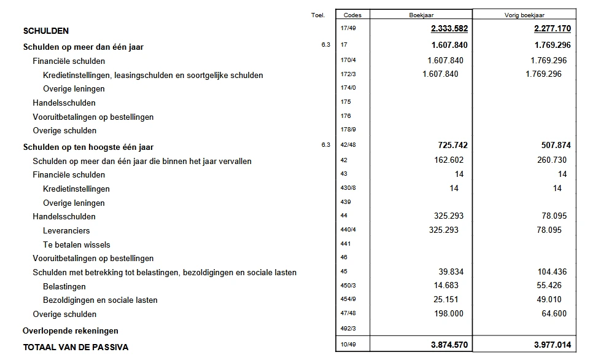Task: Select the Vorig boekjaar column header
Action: [x=525, y=15]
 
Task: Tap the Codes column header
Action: [x=352, y=15]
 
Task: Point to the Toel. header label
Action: [x=318, y=15]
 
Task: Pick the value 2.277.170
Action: [x=550, y=29]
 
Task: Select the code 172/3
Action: [x=347, y=74]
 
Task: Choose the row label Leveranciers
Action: [x=66, y=230]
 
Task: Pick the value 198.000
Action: [x=447, y=314]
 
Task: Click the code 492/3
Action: [x=347, y=329]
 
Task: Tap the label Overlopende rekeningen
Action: [x=71, y=331]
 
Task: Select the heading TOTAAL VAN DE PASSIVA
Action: [x=76, y=347]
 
